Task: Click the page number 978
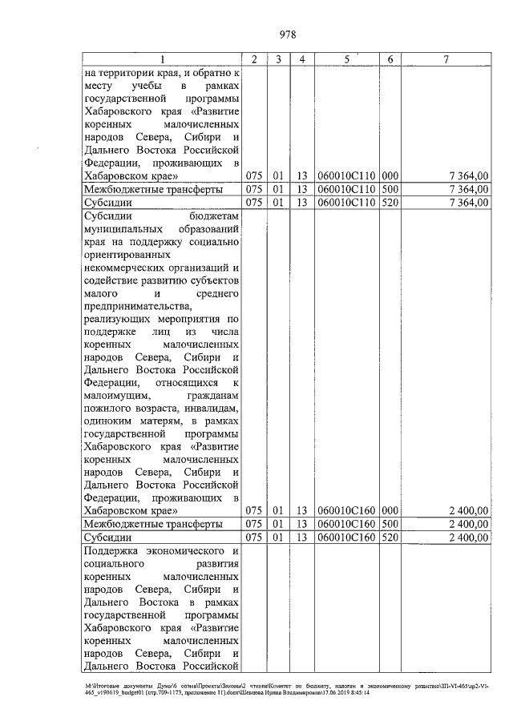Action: click(288, 34)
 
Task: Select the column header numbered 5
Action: click(346, 59)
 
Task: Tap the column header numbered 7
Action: click(445, 59)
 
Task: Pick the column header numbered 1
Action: click(161, 59)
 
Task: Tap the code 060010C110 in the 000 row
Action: click(346, 175)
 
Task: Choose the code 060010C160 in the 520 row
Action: click(346, 537)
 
